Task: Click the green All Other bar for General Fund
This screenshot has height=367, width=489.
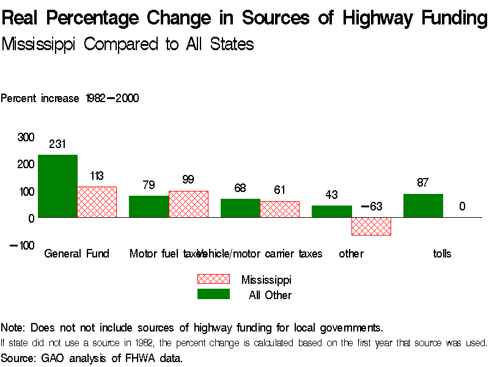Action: pos(57,186)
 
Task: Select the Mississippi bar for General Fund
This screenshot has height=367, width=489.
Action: pos(97,202)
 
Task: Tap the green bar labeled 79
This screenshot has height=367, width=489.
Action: pos(149,206)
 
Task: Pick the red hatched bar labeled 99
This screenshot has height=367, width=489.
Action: pos(188,204)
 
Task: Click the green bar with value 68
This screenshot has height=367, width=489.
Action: pos(240,208)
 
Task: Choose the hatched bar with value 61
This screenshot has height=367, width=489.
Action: pos(280,209)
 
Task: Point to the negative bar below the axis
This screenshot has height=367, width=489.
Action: pos(371,226)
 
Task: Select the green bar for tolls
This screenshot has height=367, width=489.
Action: pos(423,206)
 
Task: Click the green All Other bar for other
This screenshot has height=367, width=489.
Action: pos(331,211)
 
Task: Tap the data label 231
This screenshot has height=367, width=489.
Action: pos(57,144)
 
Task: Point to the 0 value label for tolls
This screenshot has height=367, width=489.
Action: pos(462,207)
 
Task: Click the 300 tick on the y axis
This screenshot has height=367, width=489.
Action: pos(26,137)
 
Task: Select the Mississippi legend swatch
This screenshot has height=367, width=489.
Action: pos(213,279)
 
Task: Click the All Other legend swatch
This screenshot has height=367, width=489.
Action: pos(213,294)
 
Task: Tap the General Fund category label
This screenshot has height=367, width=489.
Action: pos(76,254)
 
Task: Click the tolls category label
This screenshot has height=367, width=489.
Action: pos(442,254)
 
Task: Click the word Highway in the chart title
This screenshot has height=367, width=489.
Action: pos(376,18)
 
